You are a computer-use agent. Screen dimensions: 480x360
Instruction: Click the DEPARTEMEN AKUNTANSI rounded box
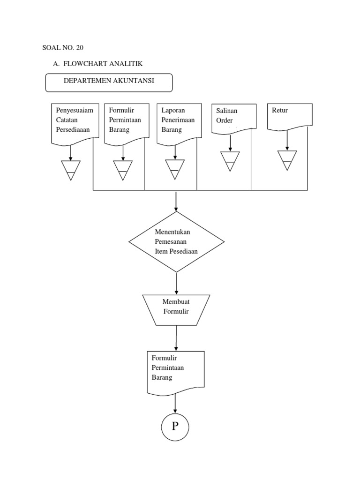click(x=109, y=82)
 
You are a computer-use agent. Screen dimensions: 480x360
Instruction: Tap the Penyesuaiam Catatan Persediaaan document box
click(x=75, y=121)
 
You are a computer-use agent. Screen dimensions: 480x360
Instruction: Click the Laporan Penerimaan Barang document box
click(x=180, y=121)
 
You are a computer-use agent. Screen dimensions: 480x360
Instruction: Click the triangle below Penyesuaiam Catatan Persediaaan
click(x=71, y=169)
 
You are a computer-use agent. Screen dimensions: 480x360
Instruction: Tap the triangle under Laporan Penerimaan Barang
click(x=175, y=169)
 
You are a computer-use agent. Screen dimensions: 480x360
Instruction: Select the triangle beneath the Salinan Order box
click(x=230, y=160)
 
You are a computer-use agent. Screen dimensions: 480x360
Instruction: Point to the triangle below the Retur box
click(x=287, y=159)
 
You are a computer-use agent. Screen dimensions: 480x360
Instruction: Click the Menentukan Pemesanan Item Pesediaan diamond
click(x=176, y=242)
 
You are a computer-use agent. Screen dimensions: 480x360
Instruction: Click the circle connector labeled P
click(x=175, y=427)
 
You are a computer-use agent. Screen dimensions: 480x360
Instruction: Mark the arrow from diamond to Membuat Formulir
click(x=176, y=283)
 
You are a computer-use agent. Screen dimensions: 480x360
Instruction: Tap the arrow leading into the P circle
click(x=175, y=404)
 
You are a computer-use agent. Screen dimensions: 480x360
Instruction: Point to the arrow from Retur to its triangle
click(x=287, y=140)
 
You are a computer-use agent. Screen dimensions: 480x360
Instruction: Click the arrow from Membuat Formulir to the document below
click(x=176, y=337)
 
